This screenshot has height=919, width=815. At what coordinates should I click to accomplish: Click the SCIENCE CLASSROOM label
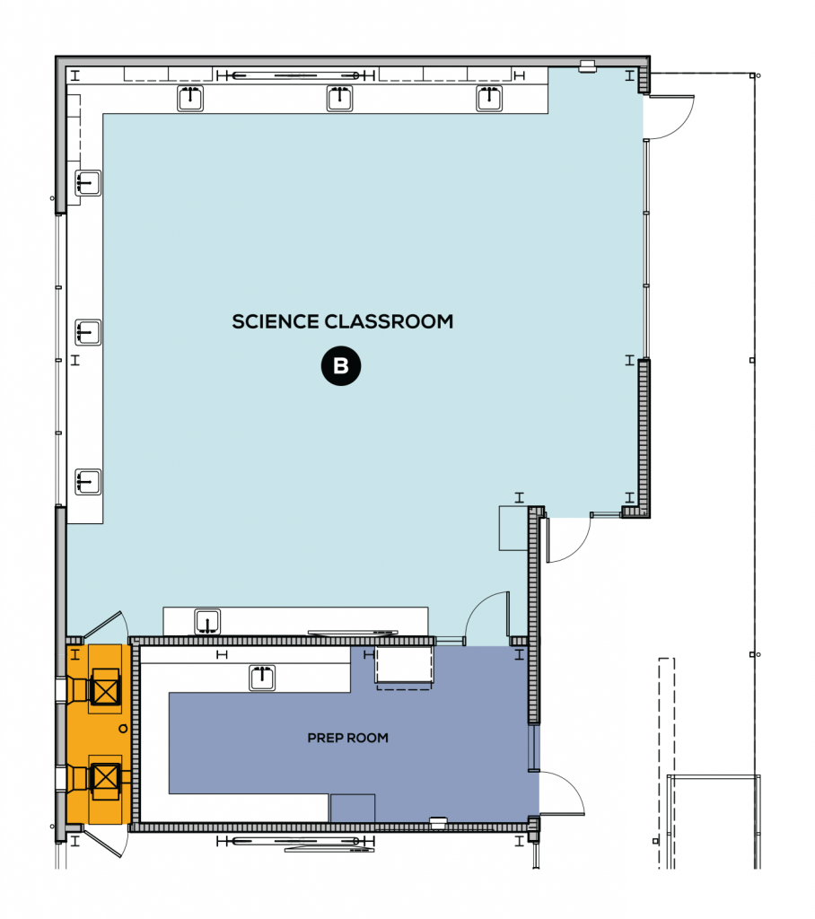(x=342, y=321)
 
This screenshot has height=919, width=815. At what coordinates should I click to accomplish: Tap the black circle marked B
(x=341, y=366)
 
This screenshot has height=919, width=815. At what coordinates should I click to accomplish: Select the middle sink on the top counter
(x=340, y=98)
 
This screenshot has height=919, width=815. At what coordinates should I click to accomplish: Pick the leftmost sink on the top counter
(x=190, y=98)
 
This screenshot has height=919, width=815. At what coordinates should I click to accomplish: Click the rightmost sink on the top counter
(x=489, y=98)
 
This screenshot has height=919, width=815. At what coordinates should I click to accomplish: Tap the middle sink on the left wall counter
(x=88, y=332)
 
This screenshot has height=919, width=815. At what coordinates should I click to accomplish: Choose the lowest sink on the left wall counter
(x=88, y=482)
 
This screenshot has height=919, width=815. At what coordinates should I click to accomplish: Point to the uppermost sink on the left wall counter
(x=88, y=183)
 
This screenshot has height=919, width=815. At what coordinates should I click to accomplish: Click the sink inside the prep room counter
(x=262, y=678)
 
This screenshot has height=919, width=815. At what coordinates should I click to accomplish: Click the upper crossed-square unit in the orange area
(x=107, y=691)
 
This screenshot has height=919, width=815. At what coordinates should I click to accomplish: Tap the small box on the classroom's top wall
(x=588, y=65)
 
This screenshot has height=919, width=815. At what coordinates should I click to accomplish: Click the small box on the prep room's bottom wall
(x=438, y=820)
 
